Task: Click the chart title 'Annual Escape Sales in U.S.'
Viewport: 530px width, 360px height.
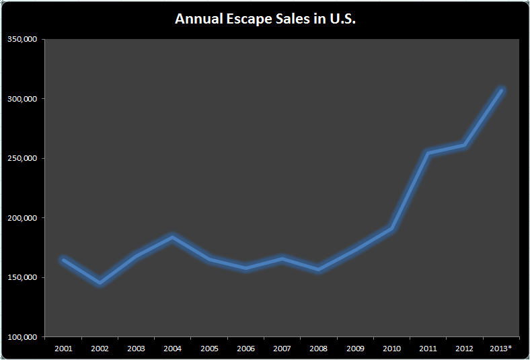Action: coord(265,19)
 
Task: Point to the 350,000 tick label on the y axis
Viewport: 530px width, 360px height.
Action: coord(22,39)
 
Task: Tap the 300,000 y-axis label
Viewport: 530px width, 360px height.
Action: coord(22,99)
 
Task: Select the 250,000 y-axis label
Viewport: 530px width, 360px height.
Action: coord(22,158)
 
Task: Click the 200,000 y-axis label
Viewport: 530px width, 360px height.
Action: coord(22,218)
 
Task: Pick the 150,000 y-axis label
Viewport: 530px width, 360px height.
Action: coord(22,277)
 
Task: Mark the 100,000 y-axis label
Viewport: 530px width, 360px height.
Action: coord(22,336)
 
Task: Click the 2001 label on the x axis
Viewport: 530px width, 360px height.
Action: coord(63,349)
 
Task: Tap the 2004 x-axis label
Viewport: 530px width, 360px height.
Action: coord(172,349)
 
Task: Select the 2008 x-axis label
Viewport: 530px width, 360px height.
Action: coord(318,349)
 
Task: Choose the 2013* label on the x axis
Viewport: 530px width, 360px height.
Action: coord(501,349)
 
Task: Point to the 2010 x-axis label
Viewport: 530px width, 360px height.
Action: coord(391,349)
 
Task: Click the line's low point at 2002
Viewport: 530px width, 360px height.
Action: coord(100,283)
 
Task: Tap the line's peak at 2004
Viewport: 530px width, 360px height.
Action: coord(173,237)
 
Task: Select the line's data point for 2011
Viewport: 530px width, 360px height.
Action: coord(428,153)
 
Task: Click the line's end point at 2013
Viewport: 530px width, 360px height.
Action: coord(501,90)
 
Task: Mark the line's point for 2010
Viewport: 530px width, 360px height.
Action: coord(391,229)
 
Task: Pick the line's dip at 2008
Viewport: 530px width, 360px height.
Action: coord(318,270)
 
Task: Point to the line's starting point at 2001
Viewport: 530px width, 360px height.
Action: coord(64,260)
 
